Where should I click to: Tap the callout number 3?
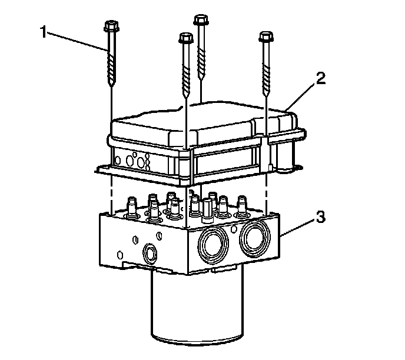point(320,217)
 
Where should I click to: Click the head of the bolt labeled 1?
point(110,26)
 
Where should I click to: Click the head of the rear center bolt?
point(201,20)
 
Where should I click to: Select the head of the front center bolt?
point(185,39)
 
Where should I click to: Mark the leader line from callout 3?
point(298,227)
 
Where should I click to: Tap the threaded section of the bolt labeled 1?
point(111,65)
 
